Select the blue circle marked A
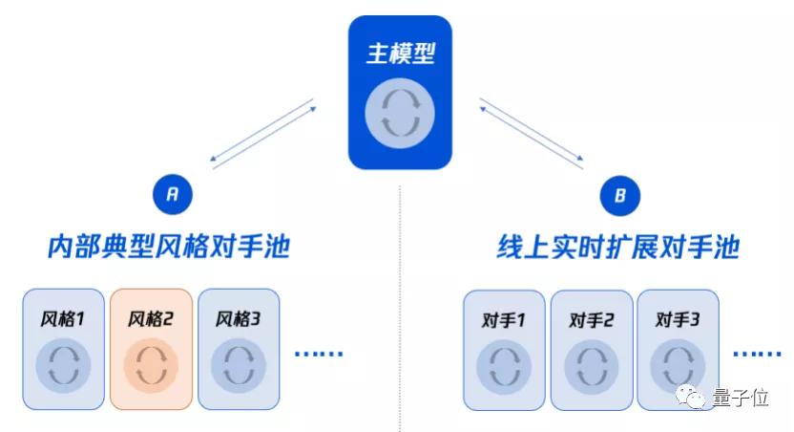(172, 195)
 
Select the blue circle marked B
(619, 196)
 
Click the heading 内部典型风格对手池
(169, 248)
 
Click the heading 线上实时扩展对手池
(618, 248)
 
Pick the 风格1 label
(63, 318)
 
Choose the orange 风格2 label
(150, 318)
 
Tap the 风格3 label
(238, 318)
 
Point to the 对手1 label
(504, 319)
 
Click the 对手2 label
(591, 319)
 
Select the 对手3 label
(678, 319)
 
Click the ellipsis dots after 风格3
(318, 354)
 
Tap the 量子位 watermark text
(740, 399)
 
